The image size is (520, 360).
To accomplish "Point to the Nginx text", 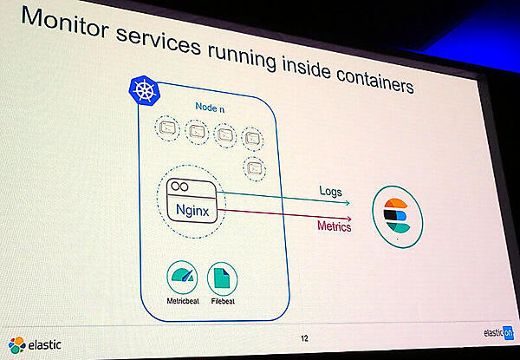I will point(192,211).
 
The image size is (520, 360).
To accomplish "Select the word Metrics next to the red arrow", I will point(333,227).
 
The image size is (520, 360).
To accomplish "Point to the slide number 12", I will point(304,337).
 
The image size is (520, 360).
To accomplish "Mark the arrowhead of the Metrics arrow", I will point(349,216).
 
